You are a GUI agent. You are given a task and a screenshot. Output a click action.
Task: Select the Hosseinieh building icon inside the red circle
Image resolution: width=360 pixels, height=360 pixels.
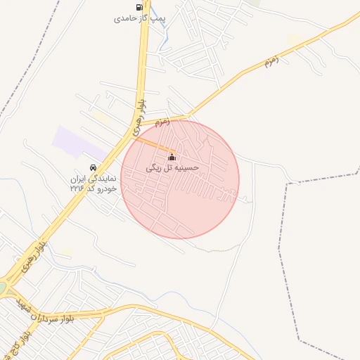click(x=172, y=157)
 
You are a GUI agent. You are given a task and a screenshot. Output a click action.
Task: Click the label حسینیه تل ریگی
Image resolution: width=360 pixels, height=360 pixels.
click(x=172, y=169)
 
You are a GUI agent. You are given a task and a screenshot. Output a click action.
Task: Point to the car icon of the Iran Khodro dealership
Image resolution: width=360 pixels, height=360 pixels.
click(x=93, y=167)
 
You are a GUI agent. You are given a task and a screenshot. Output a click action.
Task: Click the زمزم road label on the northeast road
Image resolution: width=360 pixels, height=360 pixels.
click(x=272, y=60)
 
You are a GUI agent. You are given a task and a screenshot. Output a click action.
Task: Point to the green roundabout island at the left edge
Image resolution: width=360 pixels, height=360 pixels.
click(x=2, y=288)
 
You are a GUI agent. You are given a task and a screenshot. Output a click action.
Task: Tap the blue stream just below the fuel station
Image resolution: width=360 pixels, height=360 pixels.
click(x=163, y=35)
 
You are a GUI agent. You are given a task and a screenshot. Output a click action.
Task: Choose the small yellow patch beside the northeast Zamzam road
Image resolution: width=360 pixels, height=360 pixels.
click(x=295, y=39)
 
